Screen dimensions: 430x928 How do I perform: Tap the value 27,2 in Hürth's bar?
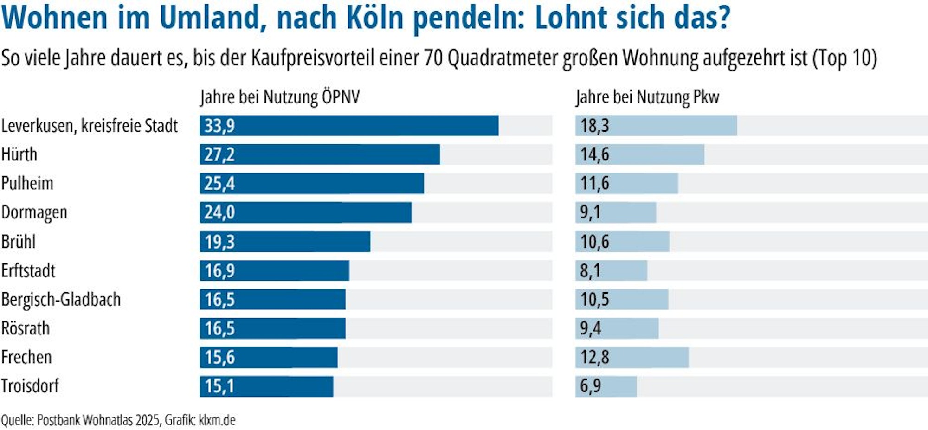(219, 154)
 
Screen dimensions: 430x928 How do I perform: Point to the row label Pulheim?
(27, 183)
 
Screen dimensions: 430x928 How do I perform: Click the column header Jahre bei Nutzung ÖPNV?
(280, 97)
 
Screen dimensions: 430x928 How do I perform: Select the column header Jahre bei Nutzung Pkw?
(647, 97)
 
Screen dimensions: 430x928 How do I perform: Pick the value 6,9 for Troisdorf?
(590, 386)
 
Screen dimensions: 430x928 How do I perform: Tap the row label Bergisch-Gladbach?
(61, 300)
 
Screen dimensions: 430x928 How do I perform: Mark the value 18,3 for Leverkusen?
(594, 126)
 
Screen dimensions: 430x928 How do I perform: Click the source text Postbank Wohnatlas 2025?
(98, 420)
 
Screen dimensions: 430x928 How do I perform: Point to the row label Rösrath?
(26, 328)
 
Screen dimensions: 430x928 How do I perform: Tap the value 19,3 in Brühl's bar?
(219, 242)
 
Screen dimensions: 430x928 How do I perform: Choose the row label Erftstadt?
(28, 271)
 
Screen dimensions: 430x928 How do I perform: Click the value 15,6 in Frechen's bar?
(219, 358)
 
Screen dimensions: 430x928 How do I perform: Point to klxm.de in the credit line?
(217, 420)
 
